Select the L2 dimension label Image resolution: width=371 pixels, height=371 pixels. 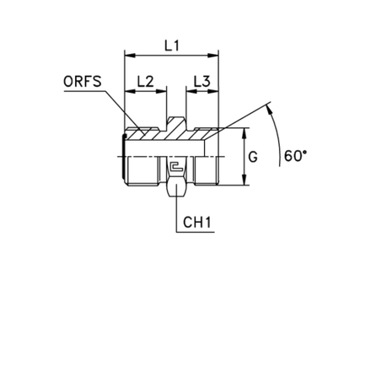144,81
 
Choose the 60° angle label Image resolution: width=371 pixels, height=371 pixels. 293,155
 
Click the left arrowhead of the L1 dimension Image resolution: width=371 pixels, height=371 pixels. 128,56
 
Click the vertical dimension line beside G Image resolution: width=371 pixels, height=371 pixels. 245,160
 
